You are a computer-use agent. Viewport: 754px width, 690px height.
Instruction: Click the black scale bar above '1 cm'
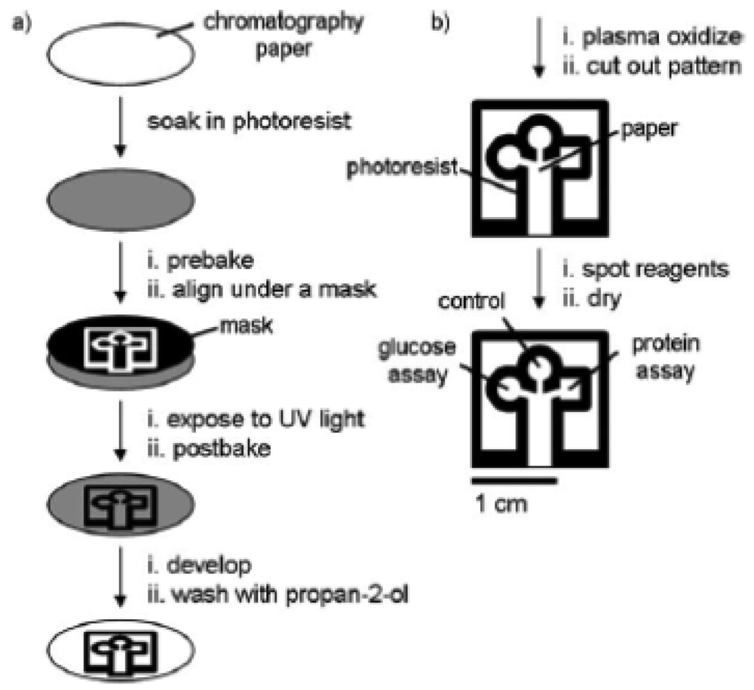tap(514, 479)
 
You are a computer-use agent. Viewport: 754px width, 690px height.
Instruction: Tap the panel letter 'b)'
tap(440, 23)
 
